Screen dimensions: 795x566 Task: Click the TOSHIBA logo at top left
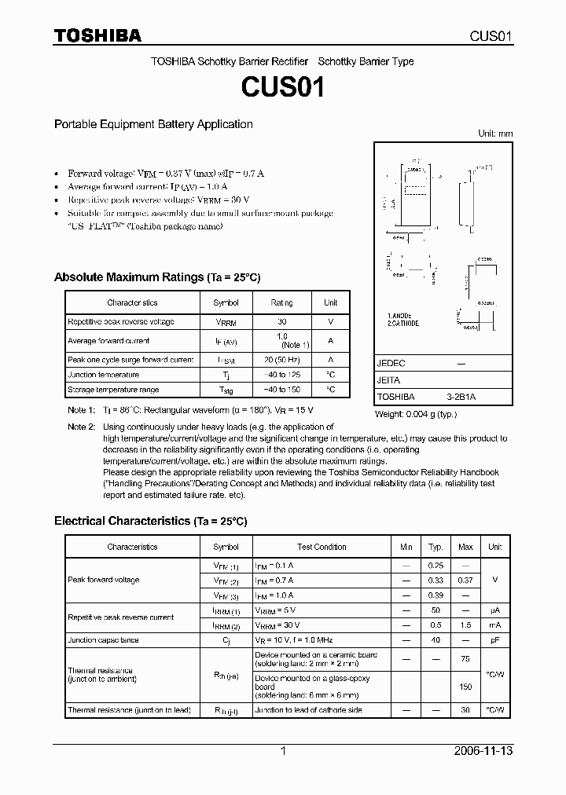(97, 35)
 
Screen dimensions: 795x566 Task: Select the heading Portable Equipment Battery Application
(153, 124)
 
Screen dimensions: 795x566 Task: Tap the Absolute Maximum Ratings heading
(156, 277)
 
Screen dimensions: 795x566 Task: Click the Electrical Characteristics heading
(150, 521)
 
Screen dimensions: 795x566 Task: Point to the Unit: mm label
(495, 134)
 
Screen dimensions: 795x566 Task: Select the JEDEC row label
(391, 364)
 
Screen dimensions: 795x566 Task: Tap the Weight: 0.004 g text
(415, 413)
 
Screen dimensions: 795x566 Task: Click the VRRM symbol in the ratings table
(226, 322)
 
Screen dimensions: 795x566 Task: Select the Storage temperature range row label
(113, 390)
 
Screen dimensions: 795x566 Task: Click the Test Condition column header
(322, 547)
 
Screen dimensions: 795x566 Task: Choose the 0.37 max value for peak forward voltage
(465, 581)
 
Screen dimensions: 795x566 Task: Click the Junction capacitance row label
(103, 640)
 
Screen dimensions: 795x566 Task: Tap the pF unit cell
(494, 640)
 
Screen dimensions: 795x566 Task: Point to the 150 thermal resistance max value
(465, 686)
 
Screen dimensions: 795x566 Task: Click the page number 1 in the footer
(283, 751)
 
